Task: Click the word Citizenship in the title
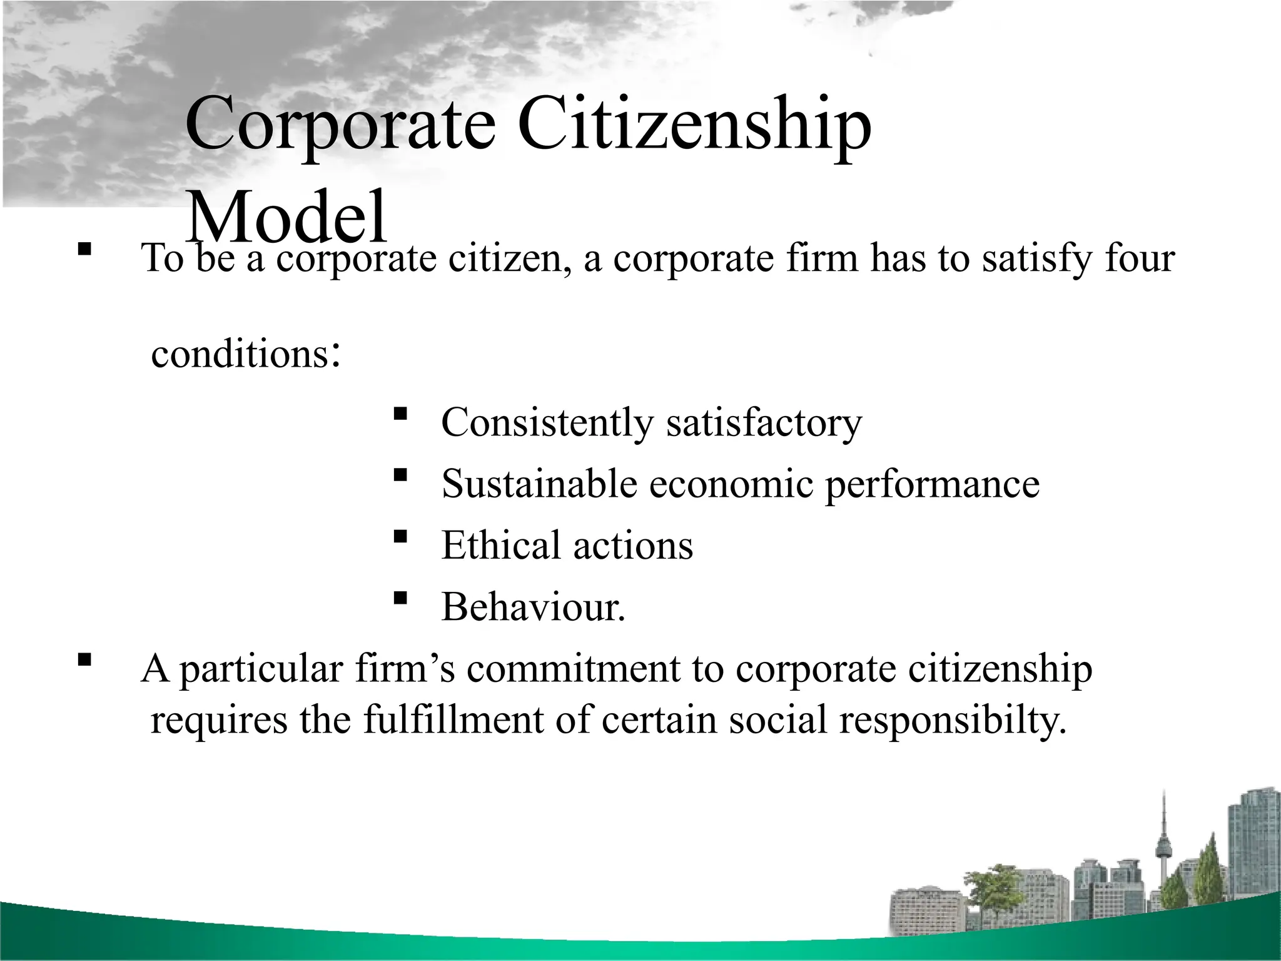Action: [694, 125]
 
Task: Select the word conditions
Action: [241, 354]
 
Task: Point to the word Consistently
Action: [547, 422]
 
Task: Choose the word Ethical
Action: [500, 545]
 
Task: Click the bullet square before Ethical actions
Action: [400, 536]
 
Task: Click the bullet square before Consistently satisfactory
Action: [400, 413]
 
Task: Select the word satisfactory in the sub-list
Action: [764, 422]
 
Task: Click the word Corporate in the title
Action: [340, 125]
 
